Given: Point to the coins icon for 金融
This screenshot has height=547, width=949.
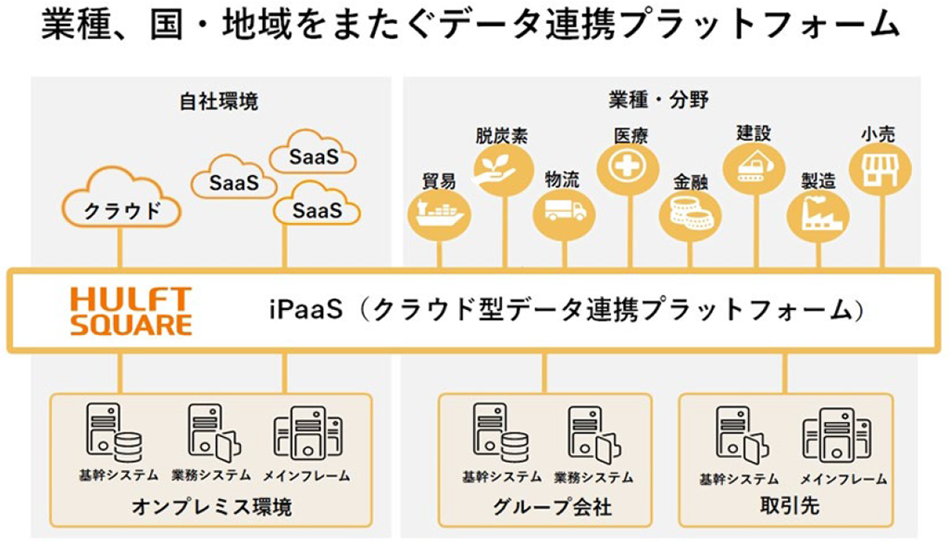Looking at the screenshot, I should click(x=690, y=216).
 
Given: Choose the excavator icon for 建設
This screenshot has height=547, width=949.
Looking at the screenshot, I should click(x=754, y=167).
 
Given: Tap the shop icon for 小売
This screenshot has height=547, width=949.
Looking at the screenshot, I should click(x=879, y=169).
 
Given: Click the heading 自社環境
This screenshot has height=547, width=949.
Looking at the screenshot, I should click(x=219, y=102).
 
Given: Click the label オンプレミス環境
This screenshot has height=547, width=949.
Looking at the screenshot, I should click(x=211, y=507).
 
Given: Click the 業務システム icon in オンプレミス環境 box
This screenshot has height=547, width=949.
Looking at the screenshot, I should click(x=212, y=433).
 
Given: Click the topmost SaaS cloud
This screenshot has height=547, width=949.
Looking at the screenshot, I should click(x=313, y=156).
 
